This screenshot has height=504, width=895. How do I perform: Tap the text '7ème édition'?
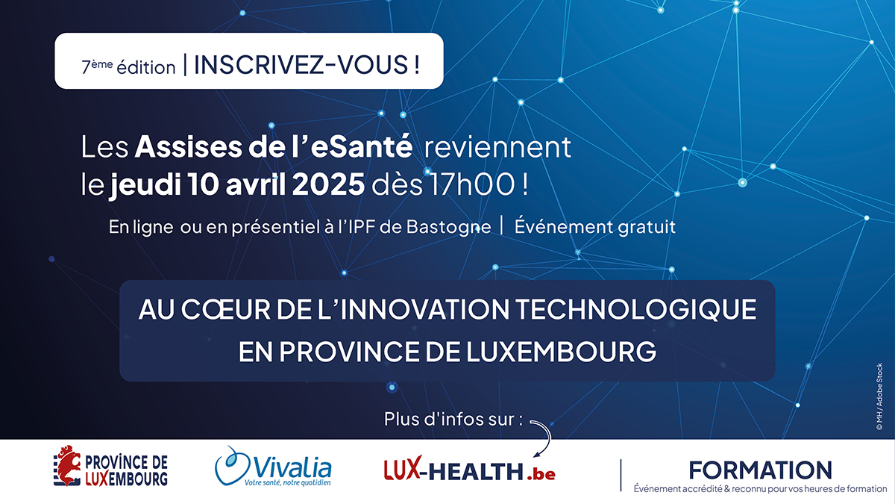coord(128,66)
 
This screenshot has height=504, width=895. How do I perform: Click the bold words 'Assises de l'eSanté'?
coord(274,147)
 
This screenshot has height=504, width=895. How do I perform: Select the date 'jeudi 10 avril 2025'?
coord(237,184)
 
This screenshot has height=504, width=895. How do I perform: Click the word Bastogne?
coord(449,227)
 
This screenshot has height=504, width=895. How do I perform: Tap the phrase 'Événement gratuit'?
coord(594,226)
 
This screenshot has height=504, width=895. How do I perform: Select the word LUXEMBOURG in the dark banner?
coord(561,352)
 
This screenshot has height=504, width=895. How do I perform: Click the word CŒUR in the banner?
coord(226,309)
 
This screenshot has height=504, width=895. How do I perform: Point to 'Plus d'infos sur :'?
coord(453,419)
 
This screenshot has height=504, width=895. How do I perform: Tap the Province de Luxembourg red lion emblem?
coord(67,465)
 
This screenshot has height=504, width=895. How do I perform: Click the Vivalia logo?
coord(273,467)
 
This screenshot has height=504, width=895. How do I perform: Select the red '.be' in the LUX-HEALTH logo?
coord(541,473)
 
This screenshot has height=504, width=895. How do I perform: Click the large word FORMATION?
coord(760,470)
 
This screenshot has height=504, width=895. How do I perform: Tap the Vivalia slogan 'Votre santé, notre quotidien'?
coord(288,483)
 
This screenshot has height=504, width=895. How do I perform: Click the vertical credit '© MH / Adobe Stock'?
coord(879,396)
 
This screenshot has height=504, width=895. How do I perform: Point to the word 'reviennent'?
coord(497,147)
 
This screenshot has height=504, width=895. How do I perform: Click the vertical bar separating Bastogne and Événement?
coord(502,225)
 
